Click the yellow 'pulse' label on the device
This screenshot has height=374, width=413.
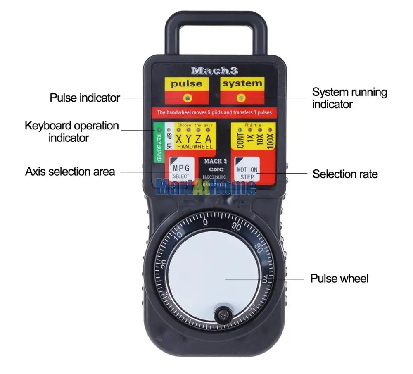[x=187, y=84]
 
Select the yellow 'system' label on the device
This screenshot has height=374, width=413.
[x=242, y=83]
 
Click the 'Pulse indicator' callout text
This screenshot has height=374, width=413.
[x=85, y=98]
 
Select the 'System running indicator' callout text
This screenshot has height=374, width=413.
[x=349, y=98]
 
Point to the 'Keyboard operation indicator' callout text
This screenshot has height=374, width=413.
[x=71, y=131]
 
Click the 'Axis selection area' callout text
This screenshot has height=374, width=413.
[x=70, y=171]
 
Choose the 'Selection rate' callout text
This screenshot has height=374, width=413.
[x=345, y=174]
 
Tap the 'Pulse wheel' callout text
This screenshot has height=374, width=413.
[x=339, y=279]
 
